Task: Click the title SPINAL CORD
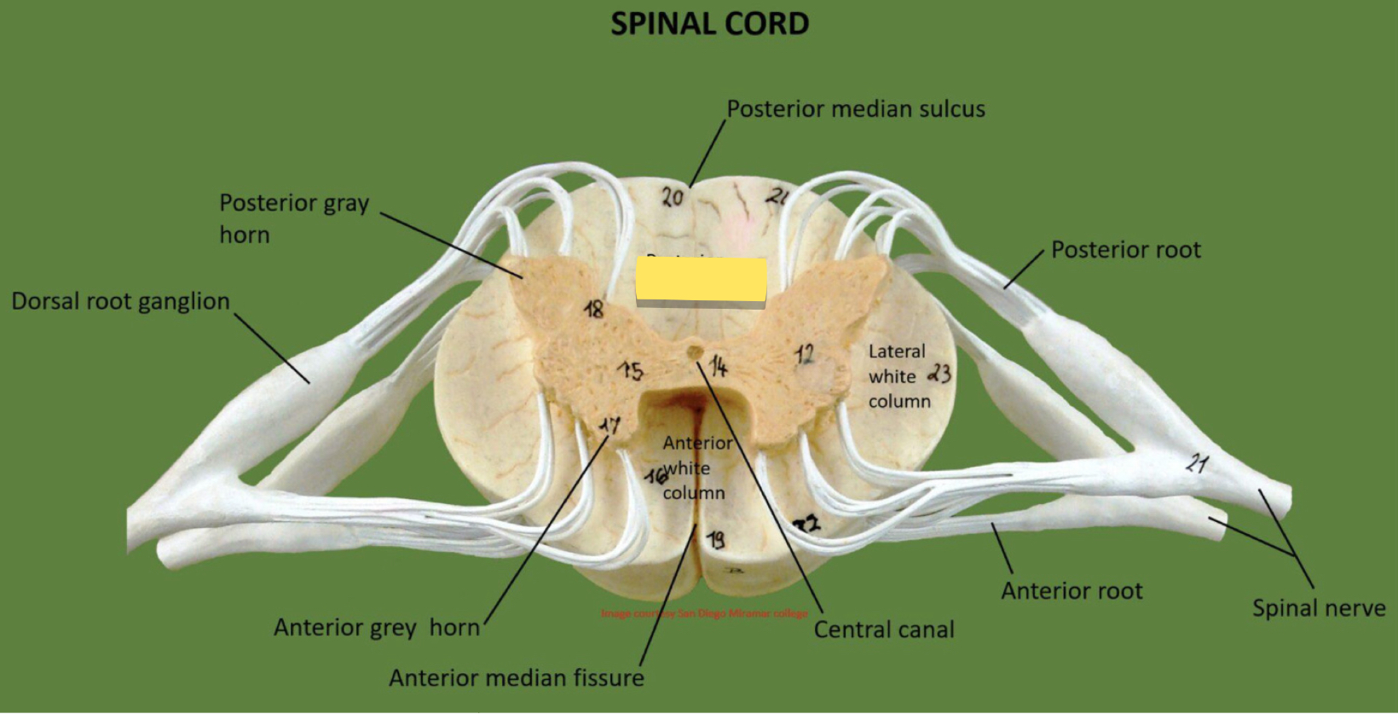click(709, 24)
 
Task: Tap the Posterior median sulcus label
click(855, 109)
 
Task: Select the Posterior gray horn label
click(293, 218)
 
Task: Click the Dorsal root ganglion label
click(120, 301)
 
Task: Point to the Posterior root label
click(1125, 250)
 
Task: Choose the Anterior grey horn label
click(377, 628)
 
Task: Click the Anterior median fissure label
click(516, 678)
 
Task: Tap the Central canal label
click(884, 630)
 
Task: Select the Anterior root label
click(1072, 591)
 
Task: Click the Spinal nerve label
click(1318, 608)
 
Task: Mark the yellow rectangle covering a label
click(701, 281)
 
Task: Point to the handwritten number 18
click(594, 309)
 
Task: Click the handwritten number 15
click(632, 371)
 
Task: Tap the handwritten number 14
click(719, 367)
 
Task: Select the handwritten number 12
click(804, 353)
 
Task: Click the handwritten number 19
click(716, 539)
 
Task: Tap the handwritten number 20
click(673, 197)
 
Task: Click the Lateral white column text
click(898, 376)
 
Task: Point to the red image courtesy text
click(704, 613)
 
